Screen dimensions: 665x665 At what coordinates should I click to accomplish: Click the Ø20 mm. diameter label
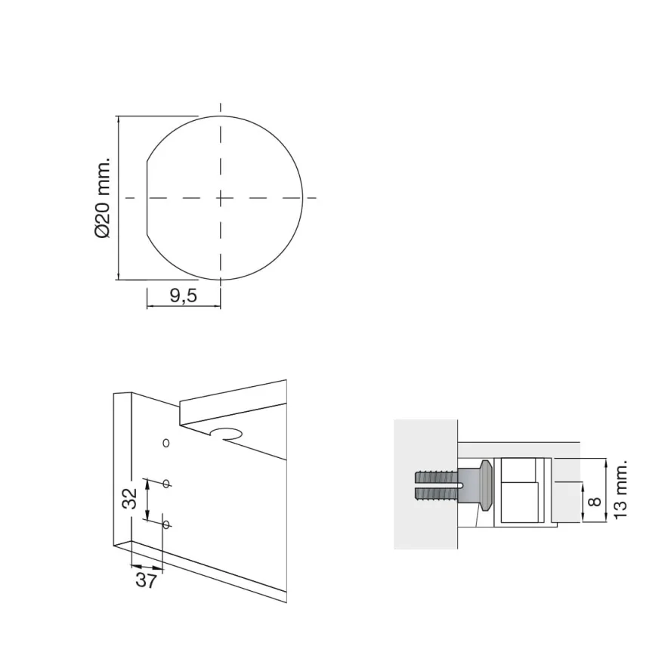coord(103,198)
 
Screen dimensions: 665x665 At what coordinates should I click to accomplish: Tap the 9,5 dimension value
coord(184,295)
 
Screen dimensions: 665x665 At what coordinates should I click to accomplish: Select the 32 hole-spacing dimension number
coord(130,498)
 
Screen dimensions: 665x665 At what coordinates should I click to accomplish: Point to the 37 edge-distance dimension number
coord(147,580)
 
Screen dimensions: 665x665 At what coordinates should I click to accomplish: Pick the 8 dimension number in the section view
coord(596,502)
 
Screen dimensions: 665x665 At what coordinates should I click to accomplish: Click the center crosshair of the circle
coord(221,198)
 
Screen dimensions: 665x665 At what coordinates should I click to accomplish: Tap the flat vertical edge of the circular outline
coord(147,198)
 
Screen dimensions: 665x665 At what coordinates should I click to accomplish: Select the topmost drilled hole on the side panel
coord(166,443)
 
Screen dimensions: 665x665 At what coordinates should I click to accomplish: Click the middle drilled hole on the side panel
coord(166,483)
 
